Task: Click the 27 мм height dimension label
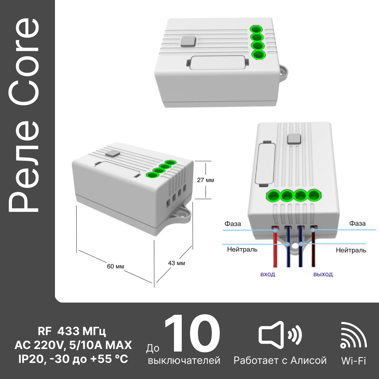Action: click(x=206, y=180)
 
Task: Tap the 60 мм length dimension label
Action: click(x=116, y=266)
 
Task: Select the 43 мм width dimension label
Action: click(x=177, y=263)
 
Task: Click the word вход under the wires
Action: click(x=268, y=274)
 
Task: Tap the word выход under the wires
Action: click(x=323, y=274)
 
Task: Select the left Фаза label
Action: click(x=233, y=224)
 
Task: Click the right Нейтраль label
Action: click(x=351, y=250)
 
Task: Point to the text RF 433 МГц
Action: click(x=72, y=331)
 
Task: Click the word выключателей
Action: click(x=184, y=360)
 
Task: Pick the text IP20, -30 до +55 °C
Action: click(x=73, y=359)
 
